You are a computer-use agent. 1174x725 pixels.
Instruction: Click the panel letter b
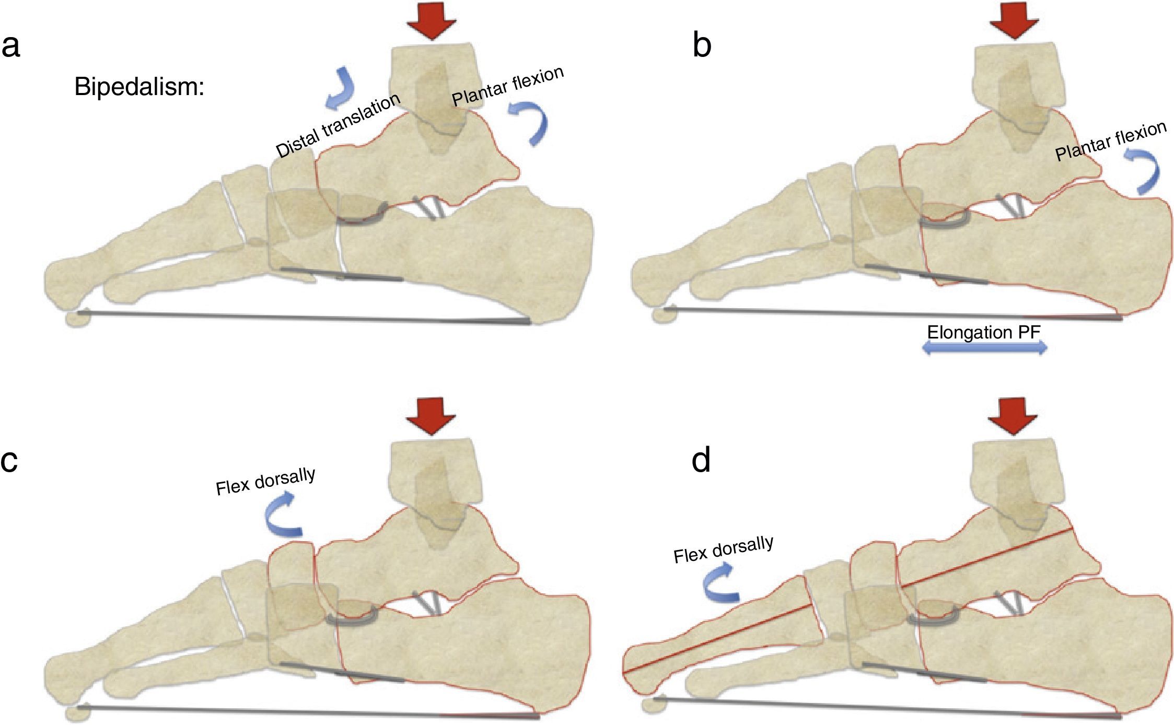(702, 46)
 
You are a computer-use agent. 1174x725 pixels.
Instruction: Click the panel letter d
(701, 460)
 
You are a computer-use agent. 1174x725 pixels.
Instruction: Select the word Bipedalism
(139, 87)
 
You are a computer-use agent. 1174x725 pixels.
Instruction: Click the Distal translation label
(338, 125)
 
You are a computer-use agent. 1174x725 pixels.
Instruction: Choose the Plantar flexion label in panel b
(1111, 141)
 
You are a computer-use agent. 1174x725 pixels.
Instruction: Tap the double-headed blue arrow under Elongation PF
(985, 348)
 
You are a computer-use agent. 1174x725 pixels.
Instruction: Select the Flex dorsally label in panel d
(723, 549)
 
